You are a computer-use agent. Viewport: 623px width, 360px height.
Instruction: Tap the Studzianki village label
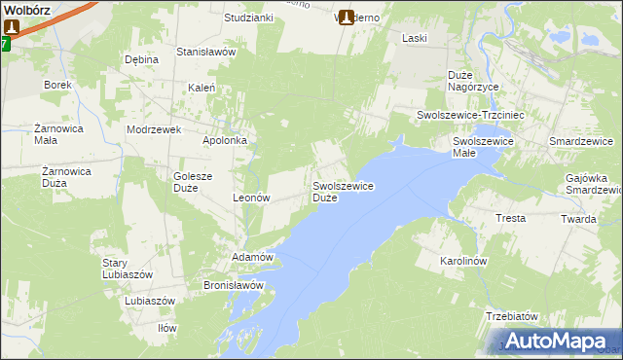tap(248, 18)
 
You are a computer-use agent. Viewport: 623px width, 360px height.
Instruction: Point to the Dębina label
tap(141, 59)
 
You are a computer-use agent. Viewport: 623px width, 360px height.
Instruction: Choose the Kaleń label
tap(202, 87)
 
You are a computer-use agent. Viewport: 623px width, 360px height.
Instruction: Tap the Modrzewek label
tap(155, 129)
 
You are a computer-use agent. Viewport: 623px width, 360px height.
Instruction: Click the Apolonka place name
tap(224, 140)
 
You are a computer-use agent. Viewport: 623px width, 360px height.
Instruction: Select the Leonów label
tap(250, 197)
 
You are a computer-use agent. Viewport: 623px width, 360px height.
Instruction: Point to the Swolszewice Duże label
tap(343, 191)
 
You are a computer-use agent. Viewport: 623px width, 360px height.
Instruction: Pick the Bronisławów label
tap(234, 285)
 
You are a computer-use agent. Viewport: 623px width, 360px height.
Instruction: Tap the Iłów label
tap(167, 328)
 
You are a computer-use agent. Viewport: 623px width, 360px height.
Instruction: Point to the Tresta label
tap(510, 218)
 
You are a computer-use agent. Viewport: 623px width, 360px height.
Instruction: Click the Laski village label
tap(416, 38)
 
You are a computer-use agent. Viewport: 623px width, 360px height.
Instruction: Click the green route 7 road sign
tap(5, 44)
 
